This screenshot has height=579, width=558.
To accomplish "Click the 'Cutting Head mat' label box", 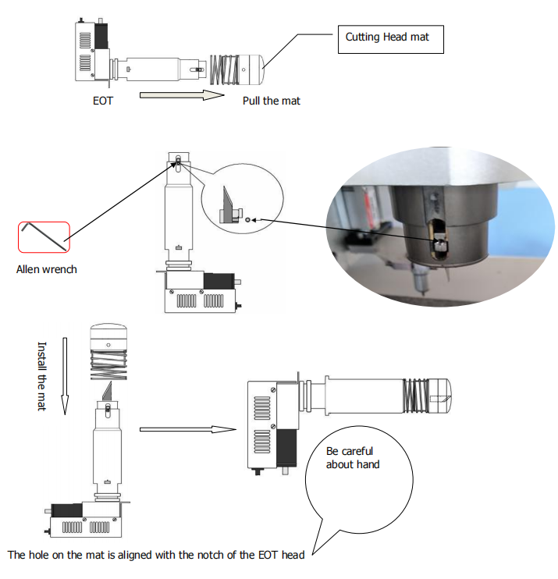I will click(390, 37).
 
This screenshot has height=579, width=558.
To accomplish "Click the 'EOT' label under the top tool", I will click(102, 101).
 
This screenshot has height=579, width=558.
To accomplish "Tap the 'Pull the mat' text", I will click(271, 101).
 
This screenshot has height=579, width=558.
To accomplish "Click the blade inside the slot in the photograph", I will click(440, 243).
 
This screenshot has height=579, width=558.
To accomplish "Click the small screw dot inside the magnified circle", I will click(247, 220).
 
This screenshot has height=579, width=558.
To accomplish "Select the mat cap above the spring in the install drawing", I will click(110, 337).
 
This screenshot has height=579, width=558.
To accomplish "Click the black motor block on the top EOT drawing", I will click(100, 35).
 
